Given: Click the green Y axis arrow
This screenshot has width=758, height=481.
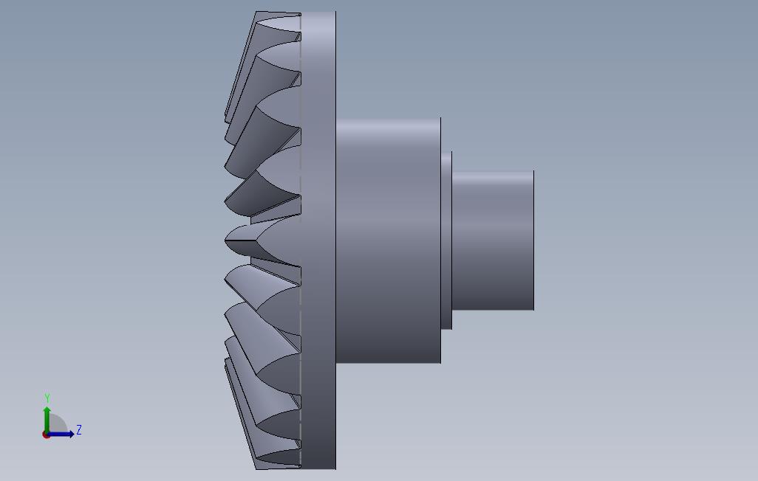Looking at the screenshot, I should (x=47, y=417).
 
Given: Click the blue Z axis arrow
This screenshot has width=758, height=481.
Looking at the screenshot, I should (x=63, y=434).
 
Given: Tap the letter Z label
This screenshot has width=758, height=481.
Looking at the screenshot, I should (x=79, y=430).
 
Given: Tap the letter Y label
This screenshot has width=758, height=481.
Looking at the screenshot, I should (x=47, y=398).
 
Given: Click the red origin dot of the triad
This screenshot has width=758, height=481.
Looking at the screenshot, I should (x=47, y=435).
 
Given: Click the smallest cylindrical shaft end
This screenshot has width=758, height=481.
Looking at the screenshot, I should (x=493, y=240).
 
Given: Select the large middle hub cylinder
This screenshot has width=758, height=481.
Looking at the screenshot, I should (x=388, y=240).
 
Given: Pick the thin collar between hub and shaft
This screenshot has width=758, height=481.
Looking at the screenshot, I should (x=446, y=240).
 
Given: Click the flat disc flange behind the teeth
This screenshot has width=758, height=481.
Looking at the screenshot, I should (x=318, y=240).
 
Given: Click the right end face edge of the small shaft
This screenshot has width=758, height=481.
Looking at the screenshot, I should (x=533, y=240).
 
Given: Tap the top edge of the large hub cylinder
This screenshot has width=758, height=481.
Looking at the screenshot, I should (x=388, y=118).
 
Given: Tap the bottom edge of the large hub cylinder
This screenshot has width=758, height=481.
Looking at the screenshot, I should (x=388, y=362).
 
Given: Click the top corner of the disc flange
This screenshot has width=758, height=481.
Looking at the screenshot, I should (x=334, y=13).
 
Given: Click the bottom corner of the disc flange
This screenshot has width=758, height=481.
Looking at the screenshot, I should (x=334, y=468).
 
